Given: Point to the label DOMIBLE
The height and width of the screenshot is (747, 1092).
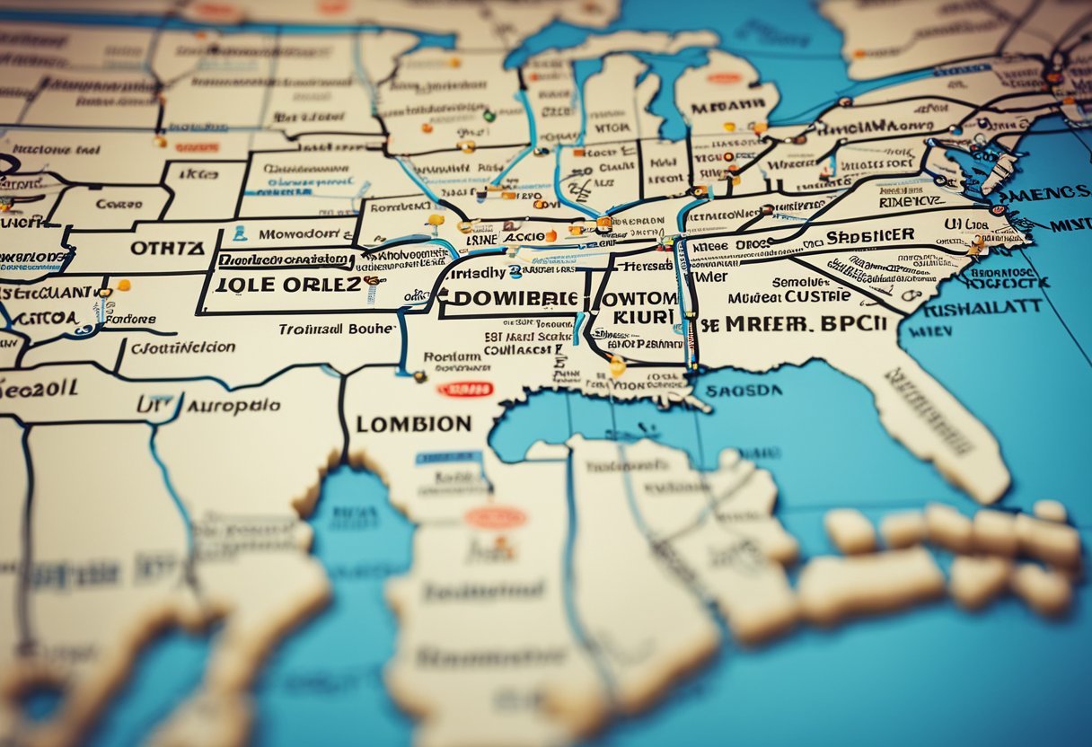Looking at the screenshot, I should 509,298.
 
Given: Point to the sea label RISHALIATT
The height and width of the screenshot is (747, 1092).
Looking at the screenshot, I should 982,309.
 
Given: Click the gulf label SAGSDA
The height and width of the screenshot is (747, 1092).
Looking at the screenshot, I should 743,391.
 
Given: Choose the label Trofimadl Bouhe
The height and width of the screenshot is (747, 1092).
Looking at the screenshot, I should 336,330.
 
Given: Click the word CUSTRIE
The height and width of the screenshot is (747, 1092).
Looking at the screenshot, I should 817,296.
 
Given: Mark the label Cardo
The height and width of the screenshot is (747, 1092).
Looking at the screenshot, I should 119,204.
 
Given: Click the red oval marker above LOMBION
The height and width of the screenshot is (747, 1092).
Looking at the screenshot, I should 464,389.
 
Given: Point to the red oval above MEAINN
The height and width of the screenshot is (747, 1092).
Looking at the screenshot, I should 724,78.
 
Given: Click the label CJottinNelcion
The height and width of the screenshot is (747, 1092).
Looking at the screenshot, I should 183,347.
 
